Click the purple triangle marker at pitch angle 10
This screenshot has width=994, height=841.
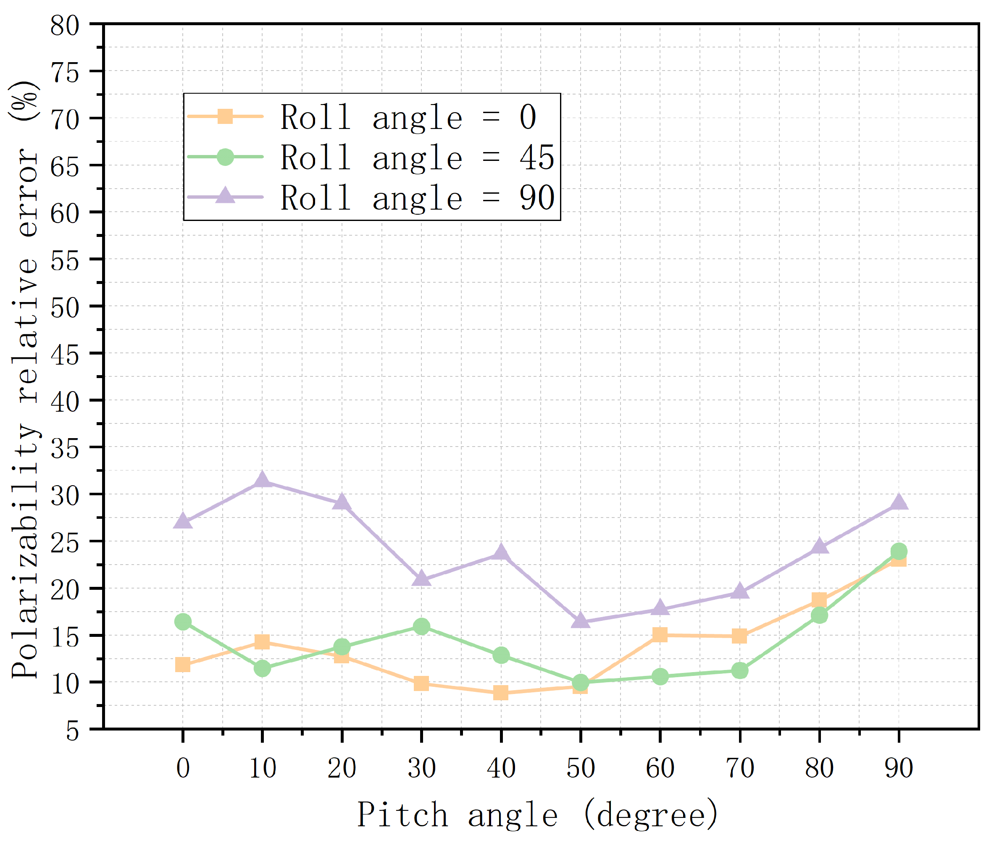262,481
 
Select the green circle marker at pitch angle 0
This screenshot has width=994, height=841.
183,622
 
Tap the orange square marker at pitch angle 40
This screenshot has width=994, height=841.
501,693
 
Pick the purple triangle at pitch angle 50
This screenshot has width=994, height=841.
580,621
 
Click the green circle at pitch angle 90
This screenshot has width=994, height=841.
899,551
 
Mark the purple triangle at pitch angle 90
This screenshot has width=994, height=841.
899,502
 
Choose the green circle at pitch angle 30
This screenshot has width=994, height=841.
421,626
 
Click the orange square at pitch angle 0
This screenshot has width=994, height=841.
183,665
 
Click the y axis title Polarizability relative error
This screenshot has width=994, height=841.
25,379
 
